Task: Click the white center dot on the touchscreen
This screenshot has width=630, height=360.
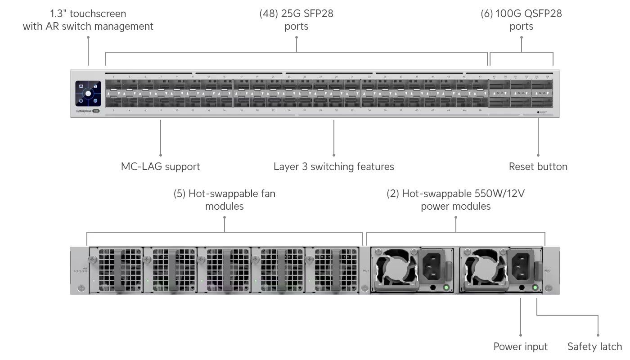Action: (x=88, y=94)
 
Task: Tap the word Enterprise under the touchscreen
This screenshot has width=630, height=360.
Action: (x=84, y=111)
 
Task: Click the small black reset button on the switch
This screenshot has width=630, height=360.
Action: (x=538, y=112)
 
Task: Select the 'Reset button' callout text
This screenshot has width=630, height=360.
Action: (x=538, y=167)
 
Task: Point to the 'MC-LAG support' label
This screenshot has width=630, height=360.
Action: (x=161, y=167)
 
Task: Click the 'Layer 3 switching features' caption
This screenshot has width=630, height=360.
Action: (x=333, y=167)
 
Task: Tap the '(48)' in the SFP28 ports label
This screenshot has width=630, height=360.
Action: (x=269, y=13)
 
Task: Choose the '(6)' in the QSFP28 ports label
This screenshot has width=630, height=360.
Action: (x=486, y=13)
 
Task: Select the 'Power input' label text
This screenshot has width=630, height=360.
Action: (x=520, y=346)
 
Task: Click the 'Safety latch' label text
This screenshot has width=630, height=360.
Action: (x=594, y=346)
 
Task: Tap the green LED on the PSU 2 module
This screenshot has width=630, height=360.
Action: (x=535, y=288)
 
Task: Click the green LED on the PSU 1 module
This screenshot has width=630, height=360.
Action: (x=446, y=288)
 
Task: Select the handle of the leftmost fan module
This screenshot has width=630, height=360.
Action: (x=119, y=270)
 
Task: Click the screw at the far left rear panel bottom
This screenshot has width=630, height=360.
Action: (x=81, y=288)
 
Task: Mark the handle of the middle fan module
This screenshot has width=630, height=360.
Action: (x=227, y=270)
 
